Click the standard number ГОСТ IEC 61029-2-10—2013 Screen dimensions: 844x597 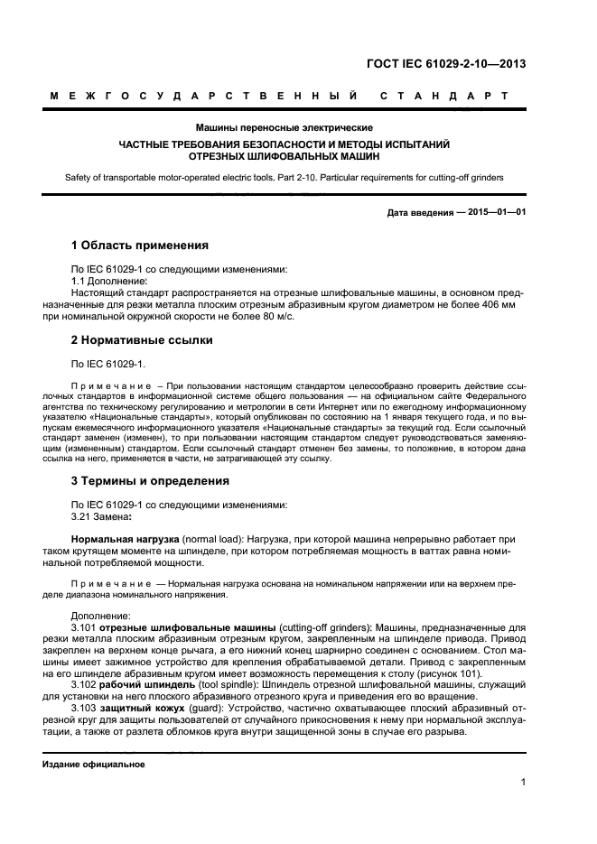click(x=445, y=64)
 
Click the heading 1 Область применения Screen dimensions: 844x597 click(x=140, y=246)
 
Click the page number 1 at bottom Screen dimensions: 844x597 click(x=524, y=783)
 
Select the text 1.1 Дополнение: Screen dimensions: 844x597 click(x=107, y=281)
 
